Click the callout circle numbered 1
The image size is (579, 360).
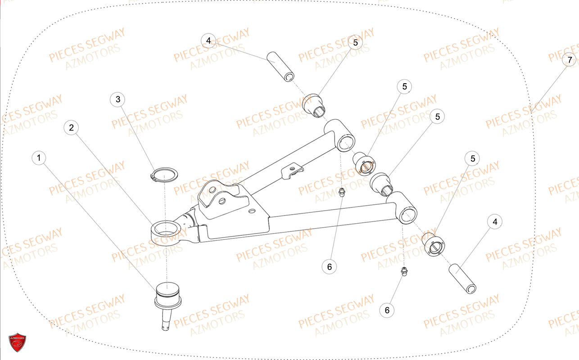pos(39,158)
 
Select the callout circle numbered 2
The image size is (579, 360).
pos(71,128)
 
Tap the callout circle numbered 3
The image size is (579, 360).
pos(118,99)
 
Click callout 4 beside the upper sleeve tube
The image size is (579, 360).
pos(208,40)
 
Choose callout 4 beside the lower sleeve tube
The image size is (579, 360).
pos(495,222)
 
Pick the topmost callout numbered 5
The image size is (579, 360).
pos(355,43)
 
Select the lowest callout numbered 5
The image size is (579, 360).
pos(472,158)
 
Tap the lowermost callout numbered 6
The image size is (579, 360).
pos(387,310)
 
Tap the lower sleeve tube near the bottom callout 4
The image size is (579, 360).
pos(462,279)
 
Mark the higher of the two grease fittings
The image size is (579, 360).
pos(341,193)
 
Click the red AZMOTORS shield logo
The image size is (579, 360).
pos(18,343)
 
